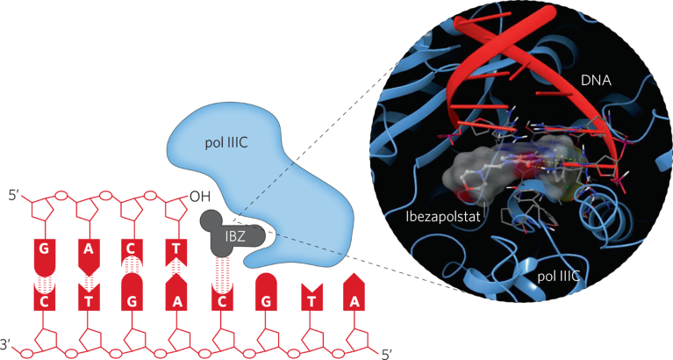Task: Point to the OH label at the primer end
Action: point(200,196)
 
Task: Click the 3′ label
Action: point(10,343)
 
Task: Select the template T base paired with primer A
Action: point(89,299)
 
